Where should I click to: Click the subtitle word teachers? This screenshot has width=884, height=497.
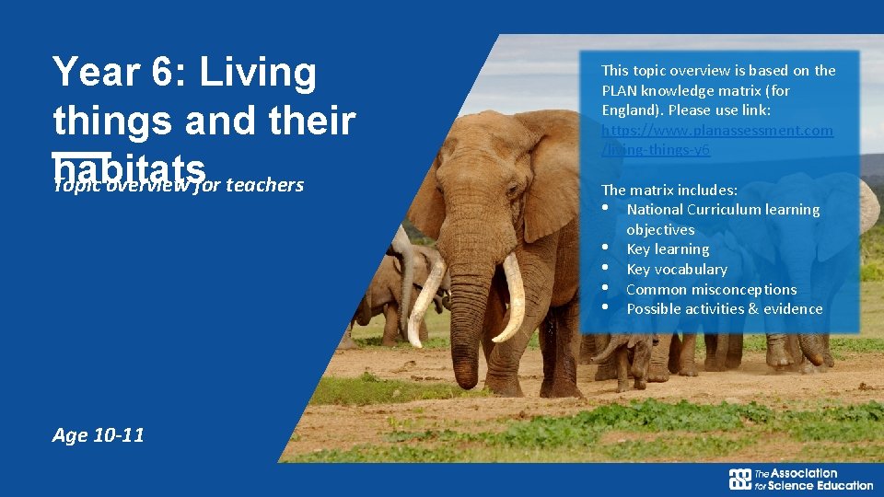pos(264,185)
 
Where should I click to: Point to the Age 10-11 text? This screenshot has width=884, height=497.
pos(99,435)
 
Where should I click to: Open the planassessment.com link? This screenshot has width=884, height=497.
pos(716,130)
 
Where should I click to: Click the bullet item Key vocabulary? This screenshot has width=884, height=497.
pos(677,269)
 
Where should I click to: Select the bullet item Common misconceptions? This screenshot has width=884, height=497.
pos(711,289)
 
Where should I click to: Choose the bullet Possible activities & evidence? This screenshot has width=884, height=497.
pos(724,308)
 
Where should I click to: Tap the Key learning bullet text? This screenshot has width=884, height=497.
pos(668,248)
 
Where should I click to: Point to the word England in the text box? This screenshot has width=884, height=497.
pos(628,110)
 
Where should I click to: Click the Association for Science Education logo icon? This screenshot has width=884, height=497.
pos(739,480)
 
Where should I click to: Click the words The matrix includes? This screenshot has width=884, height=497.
pos(669,190)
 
